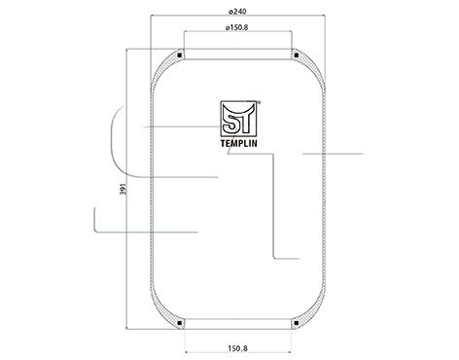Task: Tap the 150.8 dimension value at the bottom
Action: [237, 344]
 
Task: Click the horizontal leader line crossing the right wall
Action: [331, 154]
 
